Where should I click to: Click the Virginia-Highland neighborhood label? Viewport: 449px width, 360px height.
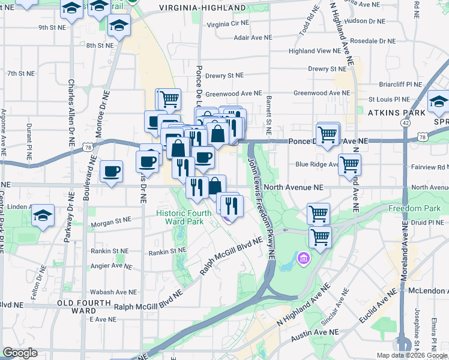pyautogui.click(x=202, y=8)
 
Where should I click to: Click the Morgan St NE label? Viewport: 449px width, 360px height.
pyautogui.click(x=110, y=225)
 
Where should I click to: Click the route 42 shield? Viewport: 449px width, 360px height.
pyautogui.click(x=406, y=122)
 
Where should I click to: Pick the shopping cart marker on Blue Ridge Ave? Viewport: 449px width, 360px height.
pyautogui.click(x=349, y=164)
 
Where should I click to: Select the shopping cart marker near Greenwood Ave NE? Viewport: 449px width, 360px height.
pyautogui.click(x=169, y=98)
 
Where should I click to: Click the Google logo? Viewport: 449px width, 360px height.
pyautogui.click(x=20, y=353)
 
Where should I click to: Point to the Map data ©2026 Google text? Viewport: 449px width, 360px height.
pyautogui.click(x=411, y=355)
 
